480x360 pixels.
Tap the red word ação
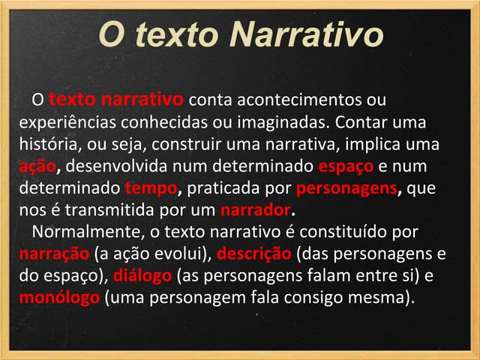(x=35, y=165)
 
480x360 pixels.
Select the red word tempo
(x=149, y=187)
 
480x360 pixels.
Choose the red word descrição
(x=254, y=253)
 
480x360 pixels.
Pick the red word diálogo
(x=145, y=276)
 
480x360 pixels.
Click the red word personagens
(x=344, y=187)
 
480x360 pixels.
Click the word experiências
(x=66, y=121)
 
